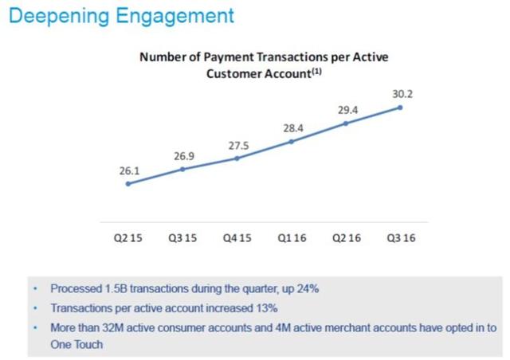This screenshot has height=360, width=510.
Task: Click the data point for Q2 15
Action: (x=128, y=184)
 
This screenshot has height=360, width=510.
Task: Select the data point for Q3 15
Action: (x=182, y=169)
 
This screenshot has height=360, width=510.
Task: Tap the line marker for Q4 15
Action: (x=237, y=158)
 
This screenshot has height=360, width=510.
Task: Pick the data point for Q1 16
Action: (x=292, y=142)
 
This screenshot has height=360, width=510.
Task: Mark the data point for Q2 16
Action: (x=346, y=123)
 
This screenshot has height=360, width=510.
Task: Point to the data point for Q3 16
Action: (x=400, y=108)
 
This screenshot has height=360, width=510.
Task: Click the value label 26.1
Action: (x=129, y=170)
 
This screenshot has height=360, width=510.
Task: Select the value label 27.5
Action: (x=238, y=146)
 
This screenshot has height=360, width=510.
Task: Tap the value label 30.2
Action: (x=402, y=94)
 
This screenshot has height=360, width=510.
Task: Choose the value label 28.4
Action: (x=293, y=128)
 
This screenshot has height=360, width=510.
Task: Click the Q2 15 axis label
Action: (x=127, y=238)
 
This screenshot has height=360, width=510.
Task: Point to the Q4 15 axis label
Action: (x=237, y=238)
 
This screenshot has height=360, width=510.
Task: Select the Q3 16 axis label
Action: (x=401, y=238)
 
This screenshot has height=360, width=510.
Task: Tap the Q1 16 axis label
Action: (x=292, y=238)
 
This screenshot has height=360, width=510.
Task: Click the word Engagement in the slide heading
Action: (x=175, y=16)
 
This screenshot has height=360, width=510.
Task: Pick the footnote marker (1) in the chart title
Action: (x=317, y=71)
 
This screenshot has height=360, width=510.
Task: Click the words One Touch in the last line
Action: (x=76, y=344)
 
